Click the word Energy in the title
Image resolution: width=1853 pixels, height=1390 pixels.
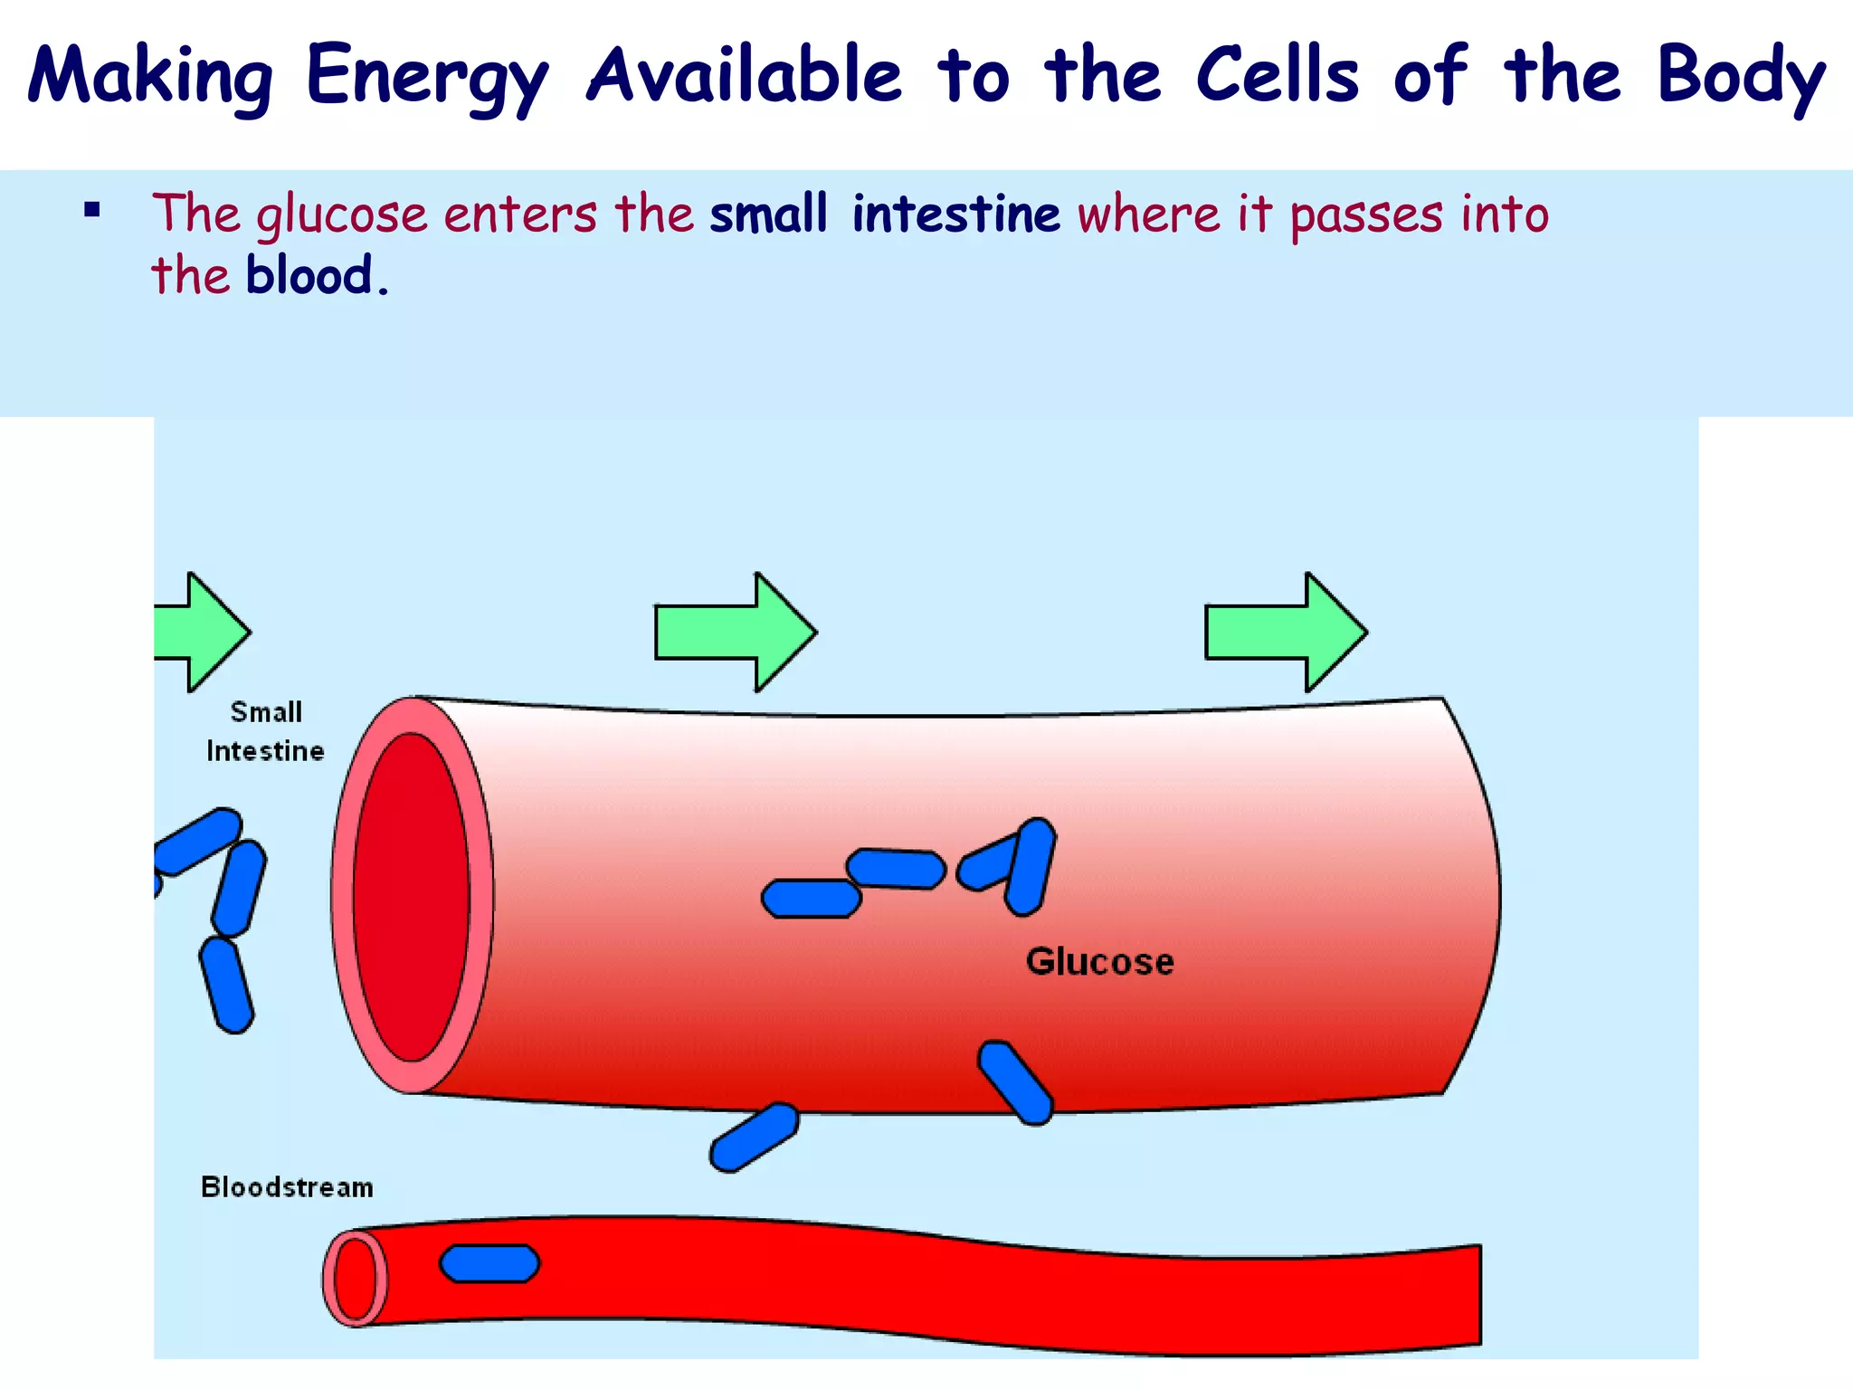coord(426,77)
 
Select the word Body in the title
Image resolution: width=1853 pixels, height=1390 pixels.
coord(1741,77)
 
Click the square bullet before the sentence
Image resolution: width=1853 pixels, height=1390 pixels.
coord(91,212)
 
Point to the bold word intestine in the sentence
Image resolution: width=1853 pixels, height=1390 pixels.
coord(955,214)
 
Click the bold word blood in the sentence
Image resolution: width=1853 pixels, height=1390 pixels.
coord(309,275)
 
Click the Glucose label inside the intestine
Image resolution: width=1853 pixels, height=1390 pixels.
coord(1099,961)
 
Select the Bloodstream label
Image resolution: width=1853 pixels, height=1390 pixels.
coord(287,1186)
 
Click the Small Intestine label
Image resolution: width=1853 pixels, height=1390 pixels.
coord(265,731)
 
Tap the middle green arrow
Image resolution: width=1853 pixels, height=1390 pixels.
coord(735,632)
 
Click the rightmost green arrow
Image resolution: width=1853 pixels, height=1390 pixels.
coord(1285,632)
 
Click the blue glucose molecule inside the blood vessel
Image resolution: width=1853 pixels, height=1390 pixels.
coord(489,1263)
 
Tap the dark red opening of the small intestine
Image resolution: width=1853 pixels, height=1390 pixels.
coord(412,896)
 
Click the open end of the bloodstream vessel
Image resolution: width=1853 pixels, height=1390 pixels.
coord(356,1279)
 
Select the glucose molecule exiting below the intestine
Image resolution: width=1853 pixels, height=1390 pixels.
coord(754,1138)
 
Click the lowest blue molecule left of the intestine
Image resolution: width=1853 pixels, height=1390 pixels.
coord(226,985)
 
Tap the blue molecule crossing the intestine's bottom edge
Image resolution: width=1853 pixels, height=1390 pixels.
coord(1016,1083)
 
